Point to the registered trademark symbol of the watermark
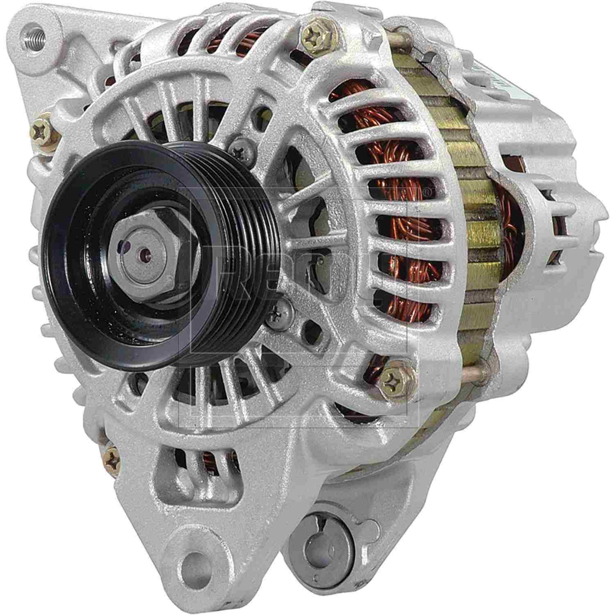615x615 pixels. point(426,192)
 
